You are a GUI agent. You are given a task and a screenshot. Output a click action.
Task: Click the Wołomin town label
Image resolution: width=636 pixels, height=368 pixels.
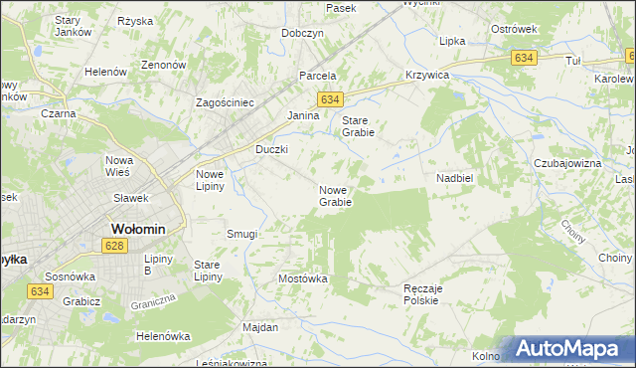click(x=137, y=228)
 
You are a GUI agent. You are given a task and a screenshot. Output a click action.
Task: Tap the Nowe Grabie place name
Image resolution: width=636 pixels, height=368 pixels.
click(x=335, y=196)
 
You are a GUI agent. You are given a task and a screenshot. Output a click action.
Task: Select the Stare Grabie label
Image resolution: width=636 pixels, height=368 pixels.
click(x=358, y=126)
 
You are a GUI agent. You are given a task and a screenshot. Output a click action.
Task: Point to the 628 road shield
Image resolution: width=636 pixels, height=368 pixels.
click(x=115, y=246)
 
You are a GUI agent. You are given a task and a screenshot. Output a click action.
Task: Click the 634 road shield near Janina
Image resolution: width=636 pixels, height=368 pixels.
click(x=331, y=99)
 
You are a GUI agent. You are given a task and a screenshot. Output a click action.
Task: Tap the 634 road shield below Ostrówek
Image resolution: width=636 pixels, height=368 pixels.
click(x=525, y=59)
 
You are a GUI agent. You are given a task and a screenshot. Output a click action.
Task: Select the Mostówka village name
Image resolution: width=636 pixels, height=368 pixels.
click(x=303, y=278)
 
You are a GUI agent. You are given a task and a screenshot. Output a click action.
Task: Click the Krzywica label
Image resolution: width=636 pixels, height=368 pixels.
click(x=427, y=76)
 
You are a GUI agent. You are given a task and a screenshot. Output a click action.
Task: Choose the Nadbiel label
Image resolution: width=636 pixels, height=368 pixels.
click(x=454, y=178)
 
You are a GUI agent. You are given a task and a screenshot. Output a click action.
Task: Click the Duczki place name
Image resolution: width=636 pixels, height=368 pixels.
click(x=271, y=149)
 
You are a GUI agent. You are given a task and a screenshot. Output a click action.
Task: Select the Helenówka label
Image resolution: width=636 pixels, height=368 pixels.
click(x=163, y=336)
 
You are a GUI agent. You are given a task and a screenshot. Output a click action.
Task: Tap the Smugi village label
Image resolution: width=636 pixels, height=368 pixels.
click(x=241, y=234)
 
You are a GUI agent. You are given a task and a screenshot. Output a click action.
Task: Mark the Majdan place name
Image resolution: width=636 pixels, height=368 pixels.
click(x=260, y=326)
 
